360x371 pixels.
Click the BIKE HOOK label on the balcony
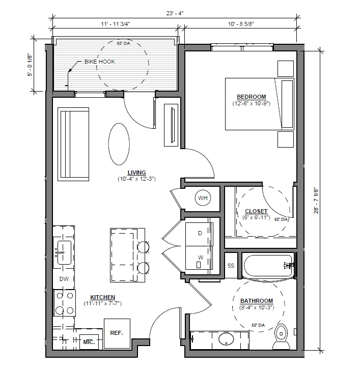tap(100, 62)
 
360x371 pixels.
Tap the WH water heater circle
tap(203, 198)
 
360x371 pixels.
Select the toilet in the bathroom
tap(281, 337)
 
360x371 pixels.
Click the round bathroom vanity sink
tap(226, 339)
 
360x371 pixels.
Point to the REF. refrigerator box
tap(117, 334)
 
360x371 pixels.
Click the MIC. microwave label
tap(89, 342)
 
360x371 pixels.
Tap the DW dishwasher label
tap(64, 279)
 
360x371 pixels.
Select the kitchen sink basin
tap(64, 252)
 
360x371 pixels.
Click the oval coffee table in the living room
tap(119, 144)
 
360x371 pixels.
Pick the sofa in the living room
tap(73, 145)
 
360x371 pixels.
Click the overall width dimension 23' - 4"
tap(175, 13)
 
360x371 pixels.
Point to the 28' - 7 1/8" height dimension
tap(316, 201)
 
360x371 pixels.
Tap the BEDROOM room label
tap(252, 97)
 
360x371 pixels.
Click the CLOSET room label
tap(256, 211)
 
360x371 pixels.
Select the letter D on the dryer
tap(200, 233)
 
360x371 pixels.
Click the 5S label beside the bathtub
tap(231, 266)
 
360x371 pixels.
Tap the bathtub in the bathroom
tap(268, 266)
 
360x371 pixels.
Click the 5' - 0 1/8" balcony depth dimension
tap(30, 64)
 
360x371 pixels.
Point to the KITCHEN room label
tap(103, 297)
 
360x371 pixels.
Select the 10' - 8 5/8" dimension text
tap(241, 24)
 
